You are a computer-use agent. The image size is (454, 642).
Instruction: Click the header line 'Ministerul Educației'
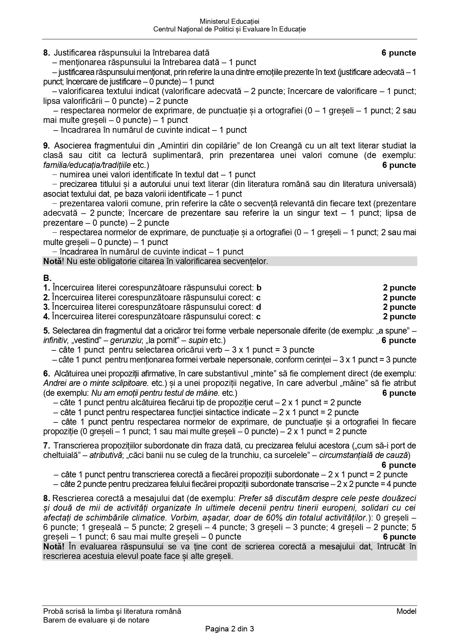click(x=230, y=22)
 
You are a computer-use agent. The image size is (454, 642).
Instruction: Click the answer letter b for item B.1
click(x=259, y=288)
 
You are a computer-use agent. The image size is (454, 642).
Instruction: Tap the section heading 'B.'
click(x=47, y=278)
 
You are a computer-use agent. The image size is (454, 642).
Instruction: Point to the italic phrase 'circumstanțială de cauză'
click(x=363, y=455)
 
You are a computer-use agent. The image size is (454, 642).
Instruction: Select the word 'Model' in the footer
click(x=406, y=611)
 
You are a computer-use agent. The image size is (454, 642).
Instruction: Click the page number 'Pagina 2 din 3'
click(x=230, y=629)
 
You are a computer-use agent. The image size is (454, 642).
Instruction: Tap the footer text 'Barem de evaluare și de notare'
click(x=96, y=620)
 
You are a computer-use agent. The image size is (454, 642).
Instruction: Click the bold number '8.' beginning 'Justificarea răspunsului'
click(x=46, y=53)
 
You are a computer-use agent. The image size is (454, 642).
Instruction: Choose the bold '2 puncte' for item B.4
click(x=399, y=316)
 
